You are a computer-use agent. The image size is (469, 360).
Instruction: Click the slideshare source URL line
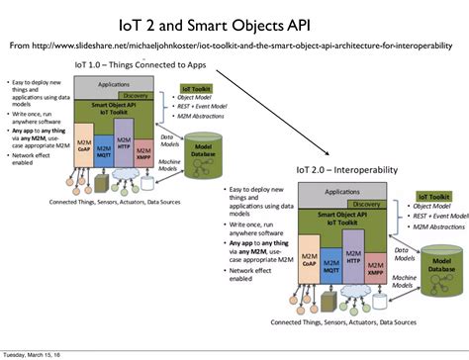pos(234,45)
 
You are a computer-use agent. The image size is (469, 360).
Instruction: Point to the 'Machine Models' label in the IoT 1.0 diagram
pos(168,162)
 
